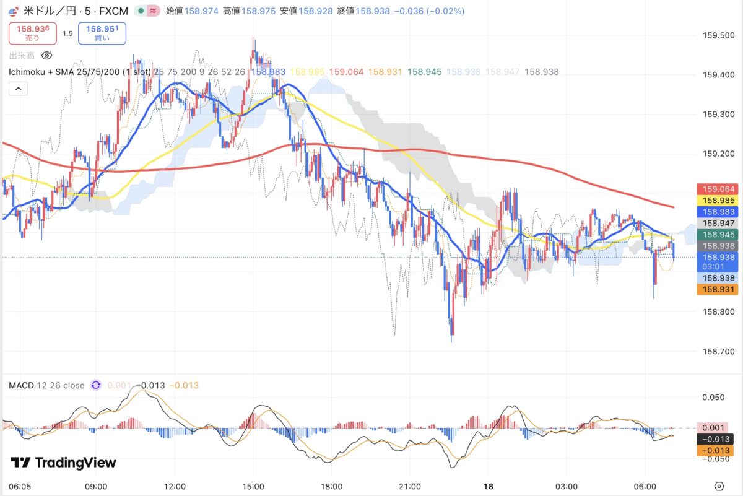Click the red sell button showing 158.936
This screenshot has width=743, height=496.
pos(32,33)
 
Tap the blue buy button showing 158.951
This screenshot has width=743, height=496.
pos(102,33)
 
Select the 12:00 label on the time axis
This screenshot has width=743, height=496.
pos(175,486)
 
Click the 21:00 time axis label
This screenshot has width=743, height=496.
pos(410,486)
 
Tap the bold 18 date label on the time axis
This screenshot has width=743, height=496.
pos(488,486)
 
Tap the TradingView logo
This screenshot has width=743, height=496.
pos(63,463)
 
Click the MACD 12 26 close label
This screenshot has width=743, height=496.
pos(46,385)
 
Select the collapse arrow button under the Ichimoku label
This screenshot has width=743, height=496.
pos(19,89)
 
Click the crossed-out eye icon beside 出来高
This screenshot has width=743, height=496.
pos(46,56)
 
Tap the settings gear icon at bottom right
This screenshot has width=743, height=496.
pos(719,486)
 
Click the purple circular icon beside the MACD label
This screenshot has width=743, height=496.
pos(96,385)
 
